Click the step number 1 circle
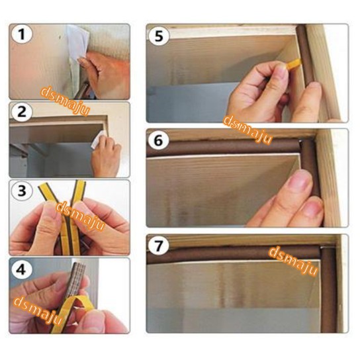21,34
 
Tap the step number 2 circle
22,112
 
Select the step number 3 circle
22,191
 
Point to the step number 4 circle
21,269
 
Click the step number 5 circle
159,36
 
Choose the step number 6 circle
159,140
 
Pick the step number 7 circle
159,246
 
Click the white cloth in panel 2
98,139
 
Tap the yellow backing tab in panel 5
293,64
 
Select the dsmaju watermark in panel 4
38,310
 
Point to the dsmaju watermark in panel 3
80,216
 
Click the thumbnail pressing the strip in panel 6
299,181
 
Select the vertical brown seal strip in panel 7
328,290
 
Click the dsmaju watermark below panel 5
247,130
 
